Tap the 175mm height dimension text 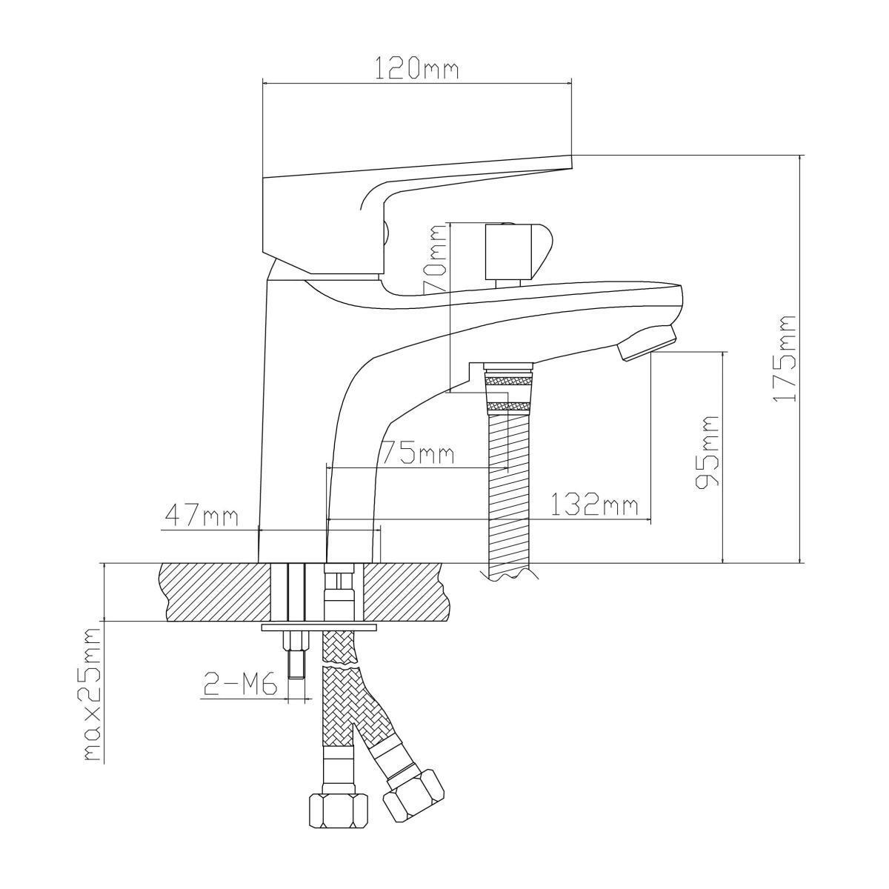coord(784,359)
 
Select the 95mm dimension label coord(707,452)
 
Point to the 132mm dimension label coord(594,505)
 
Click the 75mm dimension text coord(417,453)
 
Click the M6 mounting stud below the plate coord(296,656)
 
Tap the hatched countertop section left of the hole coord(215,591)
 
